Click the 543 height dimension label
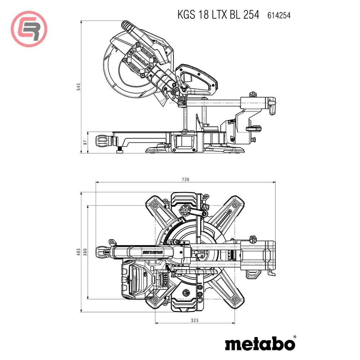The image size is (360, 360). click(x=79, y=87)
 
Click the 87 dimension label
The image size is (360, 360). click(x=85, y=142)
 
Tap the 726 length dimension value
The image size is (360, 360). click(x=185, y=179)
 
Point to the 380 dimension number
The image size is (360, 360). click(x=85, y=252)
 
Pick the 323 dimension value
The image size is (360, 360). click(x=195, y=320)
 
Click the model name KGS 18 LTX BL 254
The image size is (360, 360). click(x=218, y=15)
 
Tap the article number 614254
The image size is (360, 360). click(x=279, y=15)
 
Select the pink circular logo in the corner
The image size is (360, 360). click(x=29, y=29)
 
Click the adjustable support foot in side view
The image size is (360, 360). click(x=119, y=150)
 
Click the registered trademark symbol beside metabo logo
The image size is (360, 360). click(x=295, y=337)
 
